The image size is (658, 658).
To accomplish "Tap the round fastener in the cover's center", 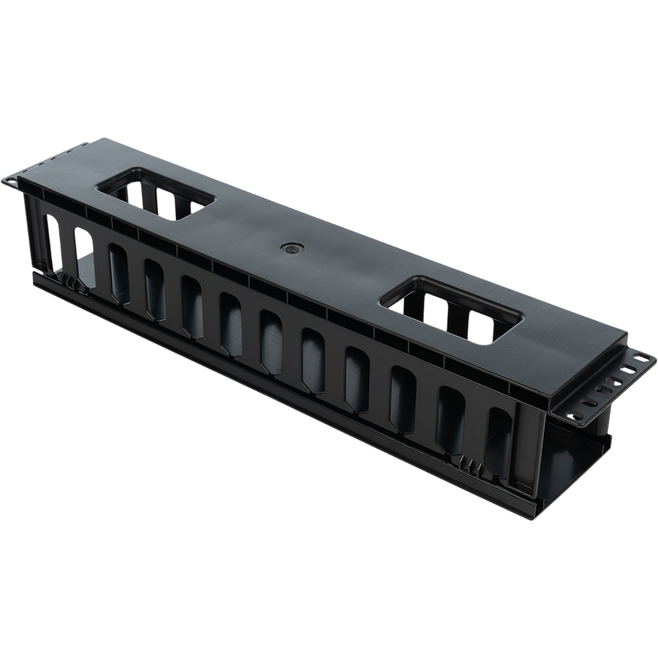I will pos(290,248).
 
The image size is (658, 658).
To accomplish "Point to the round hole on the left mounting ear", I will pos(12,178).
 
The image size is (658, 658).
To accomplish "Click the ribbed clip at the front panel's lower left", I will pos(67,278).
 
